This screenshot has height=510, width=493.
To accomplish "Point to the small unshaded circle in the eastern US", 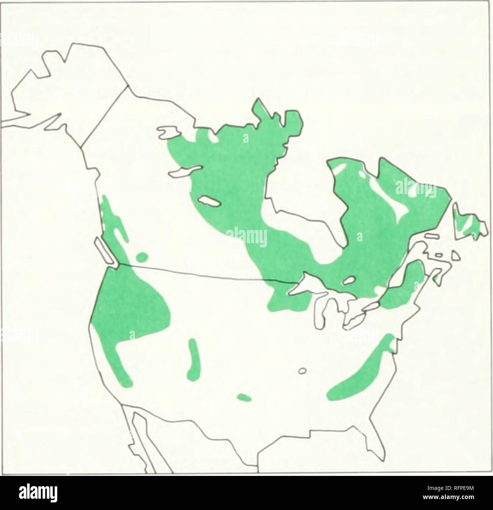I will (x=303, y=371).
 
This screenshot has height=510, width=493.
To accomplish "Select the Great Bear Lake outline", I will (x=167, y=133).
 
